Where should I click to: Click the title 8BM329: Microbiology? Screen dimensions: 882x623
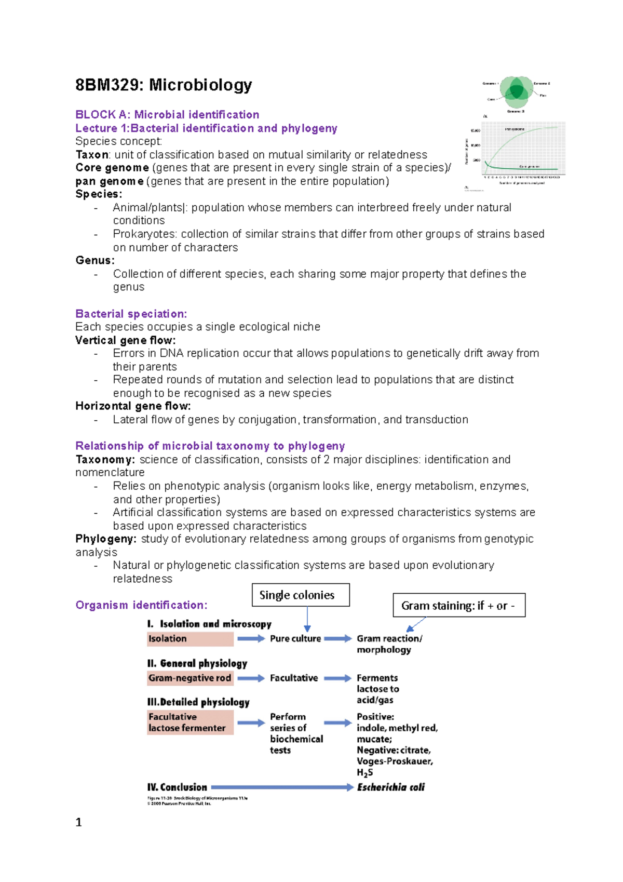pyautogui.click(x=164, y=85)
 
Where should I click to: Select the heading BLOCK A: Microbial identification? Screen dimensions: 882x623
pyautogui.click(x=167, y=115)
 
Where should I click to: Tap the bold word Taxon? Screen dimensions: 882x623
pyautogui.click(x=92, y=155)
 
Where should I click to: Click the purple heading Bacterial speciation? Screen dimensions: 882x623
pyautogui.click(x=131, y=314)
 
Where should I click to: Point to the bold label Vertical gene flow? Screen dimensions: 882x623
pyautogui.click(x=125, y=340)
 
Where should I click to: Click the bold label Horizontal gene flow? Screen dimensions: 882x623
pyautogui.click(x=133, y=406)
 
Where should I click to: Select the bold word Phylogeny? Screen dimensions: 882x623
pyautogui.click(x=105, y=539)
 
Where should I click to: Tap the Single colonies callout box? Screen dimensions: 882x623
pyautogui.click(x=301, y=595)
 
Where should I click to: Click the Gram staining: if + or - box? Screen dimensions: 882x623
pyautogui.click(x=459, y=605)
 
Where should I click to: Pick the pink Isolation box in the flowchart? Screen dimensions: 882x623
pyautogui.click(x=190, y=639)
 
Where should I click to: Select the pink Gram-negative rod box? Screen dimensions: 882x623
pyautogui.click(x=190, y=678)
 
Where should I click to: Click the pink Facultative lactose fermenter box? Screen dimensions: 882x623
pyautogui.click(x=190, y=723)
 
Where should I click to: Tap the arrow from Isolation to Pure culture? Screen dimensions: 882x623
pyautogui.click(x=251, y=639)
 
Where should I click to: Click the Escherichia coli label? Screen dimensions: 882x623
pyautogui.click(x=390, y=787)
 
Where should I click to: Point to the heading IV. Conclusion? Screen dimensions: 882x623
pyautogui.click(x=177, y=787)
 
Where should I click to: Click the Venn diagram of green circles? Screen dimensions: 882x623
pyautogui.click(x=516, y=92)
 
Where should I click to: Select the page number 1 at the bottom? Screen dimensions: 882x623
pyautogui.click(x=78, y=822)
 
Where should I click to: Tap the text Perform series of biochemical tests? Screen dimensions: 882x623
pyautogui.click(x=295, y=733)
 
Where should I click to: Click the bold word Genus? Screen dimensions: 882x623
pyautogui.click(x=95, y=260)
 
